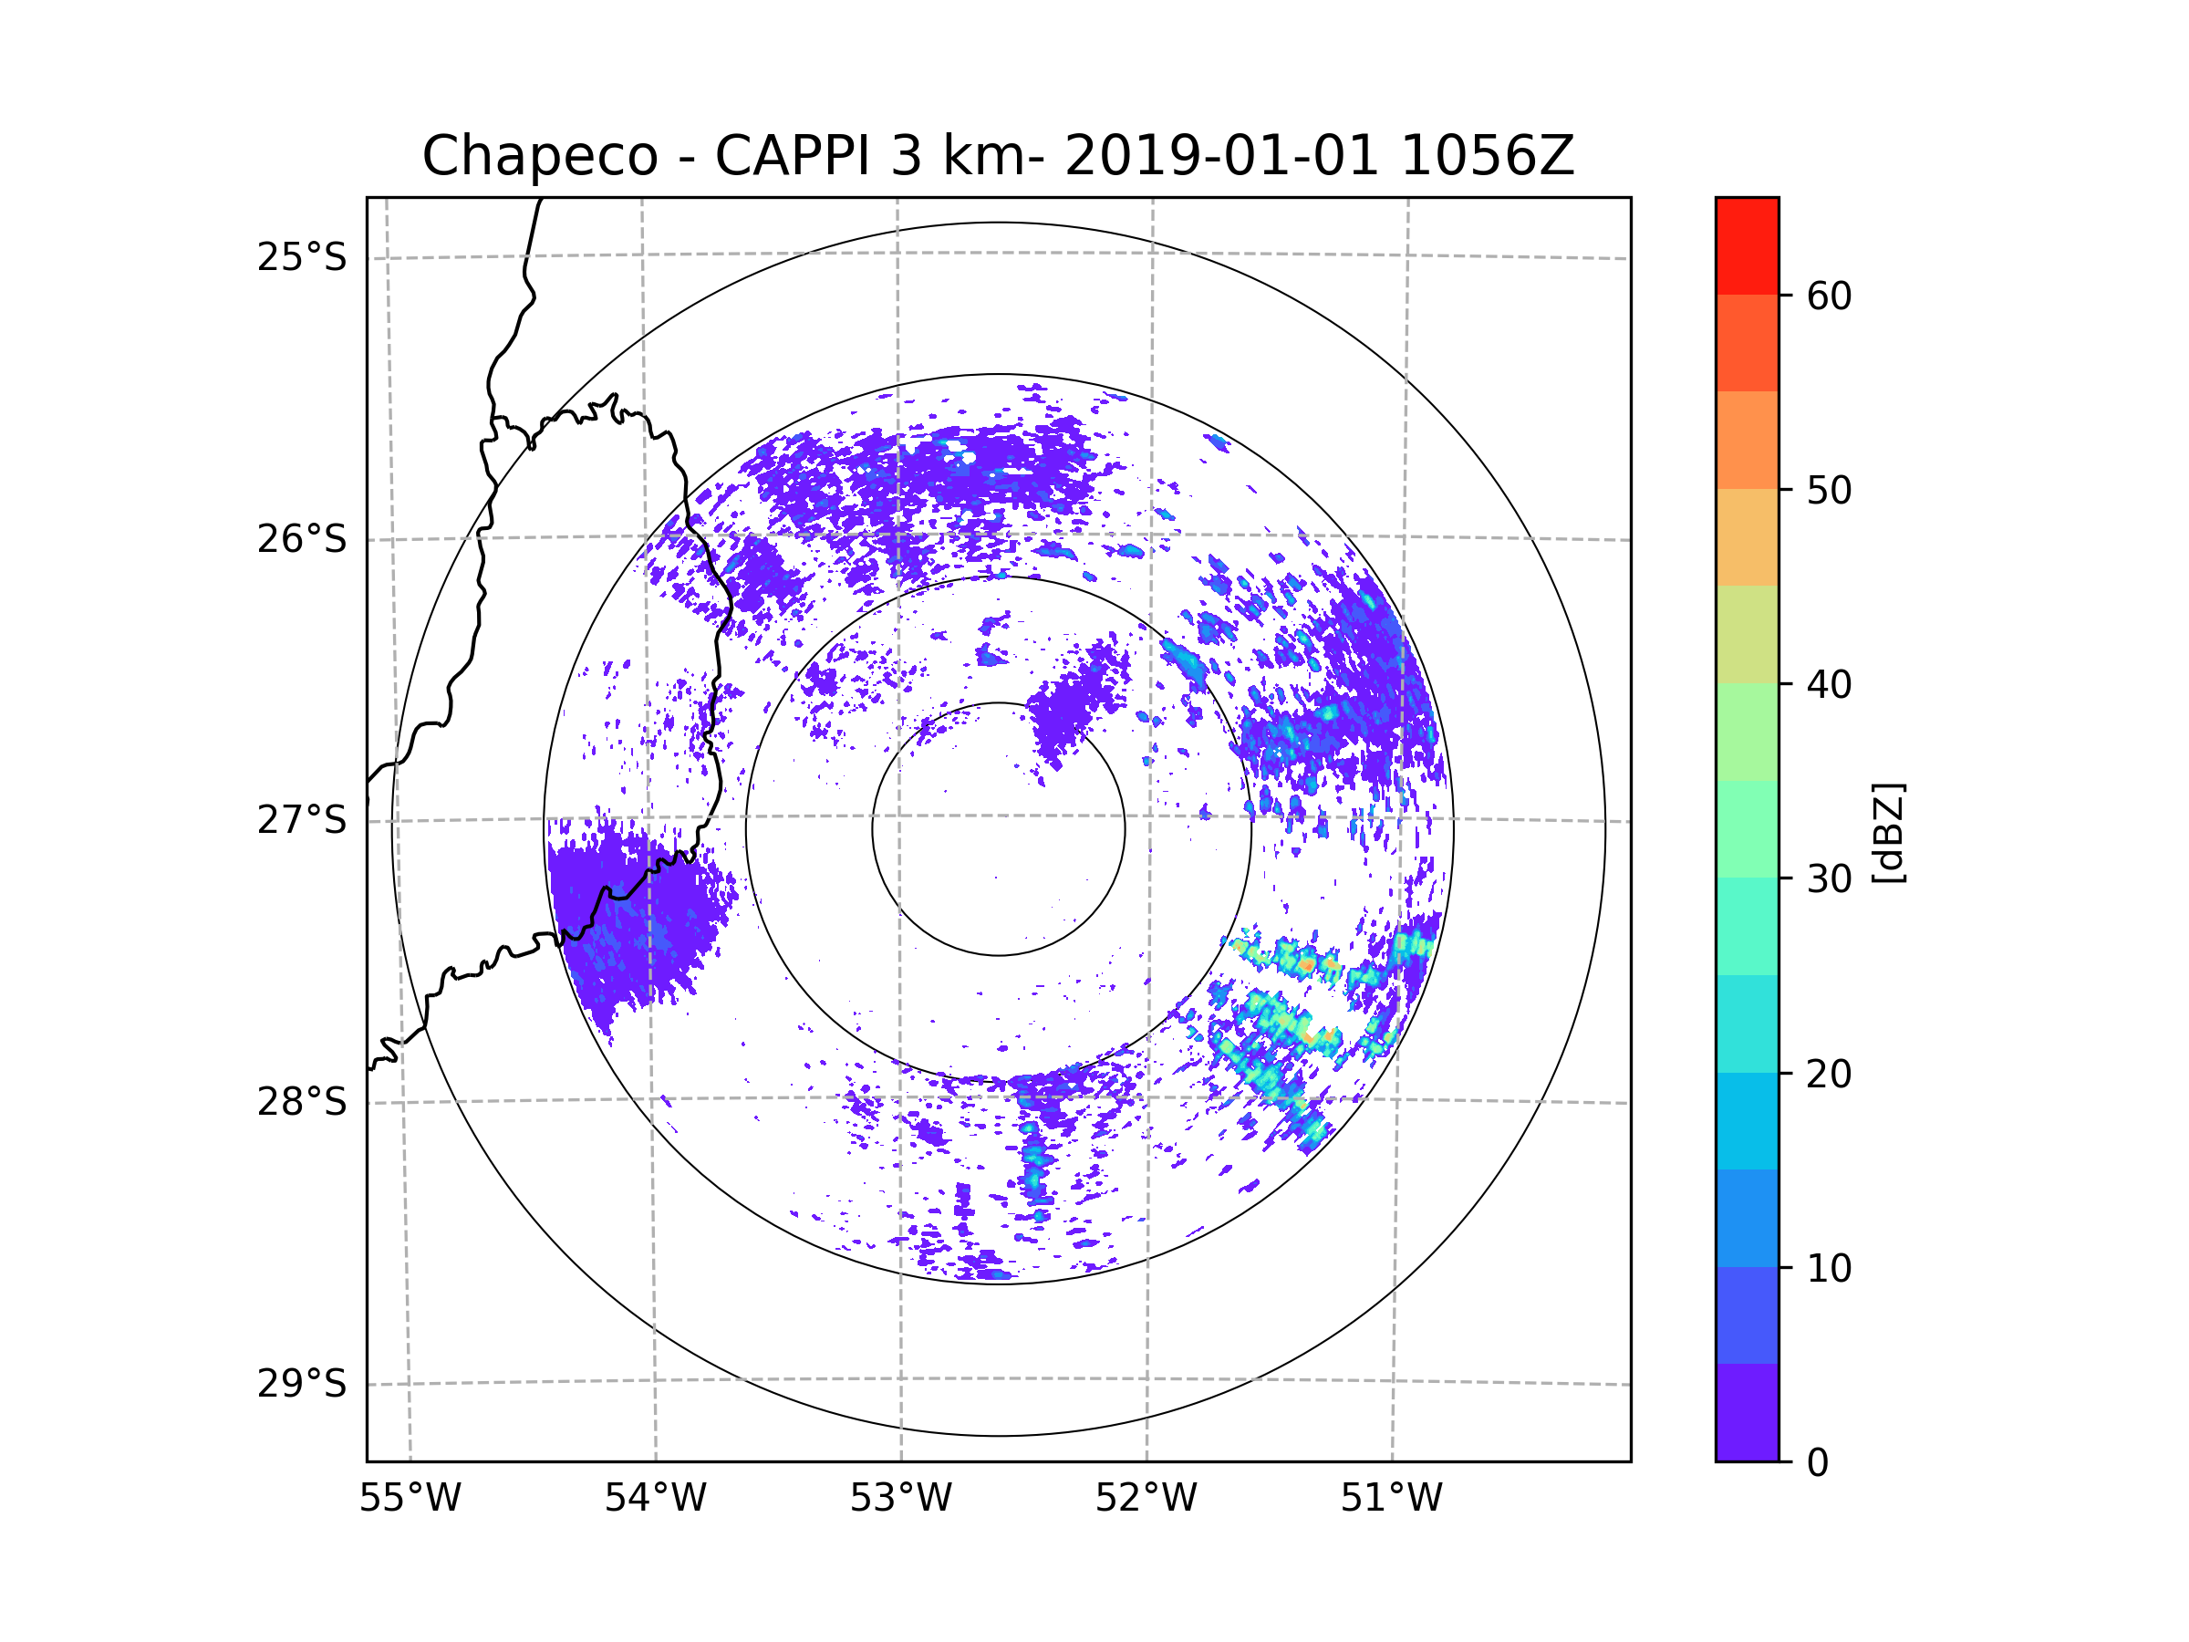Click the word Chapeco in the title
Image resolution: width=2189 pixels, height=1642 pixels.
coord(539,156)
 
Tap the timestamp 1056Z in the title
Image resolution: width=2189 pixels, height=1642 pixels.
coord(1487,156)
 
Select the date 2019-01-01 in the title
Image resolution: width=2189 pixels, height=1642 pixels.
coord(1221,156)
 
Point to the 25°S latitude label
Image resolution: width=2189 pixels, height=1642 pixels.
coord(302,257)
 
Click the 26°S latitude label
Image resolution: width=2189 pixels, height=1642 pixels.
coord(302,539)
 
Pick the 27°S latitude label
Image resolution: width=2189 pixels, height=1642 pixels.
coord(302,820)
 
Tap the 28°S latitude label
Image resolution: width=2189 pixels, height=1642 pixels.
coord(302,1102)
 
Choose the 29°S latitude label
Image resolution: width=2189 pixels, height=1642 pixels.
coord(302,1384)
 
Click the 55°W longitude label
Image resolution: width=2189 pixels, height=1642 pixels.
coord(410,1499)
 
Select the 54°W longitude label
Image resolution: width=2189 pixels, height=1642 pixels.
coord(655,1499)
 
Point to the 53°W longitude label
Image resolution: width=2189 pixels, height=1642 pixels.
coord(900,1499)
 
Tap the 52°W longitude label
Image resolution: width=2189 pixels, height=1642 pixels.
coord(1146,1499)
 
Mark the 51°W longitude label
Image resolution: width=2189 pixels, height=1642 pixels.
coord(1391,1499)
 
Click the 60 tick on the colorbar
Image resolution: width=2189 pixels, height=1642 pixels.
coord(1829,296)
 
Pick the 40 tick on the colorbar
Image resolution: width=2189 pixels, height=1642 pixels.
coord(1829,685)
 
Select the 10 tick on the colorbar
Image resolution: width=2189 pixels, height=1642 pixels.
coord(1829,1268)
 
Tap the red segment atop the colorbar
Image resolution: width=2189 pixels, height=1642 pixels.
coord(1747,245)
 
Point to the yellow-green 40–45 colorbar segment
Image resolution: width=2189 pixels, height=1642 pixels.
coord(1747,634)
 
